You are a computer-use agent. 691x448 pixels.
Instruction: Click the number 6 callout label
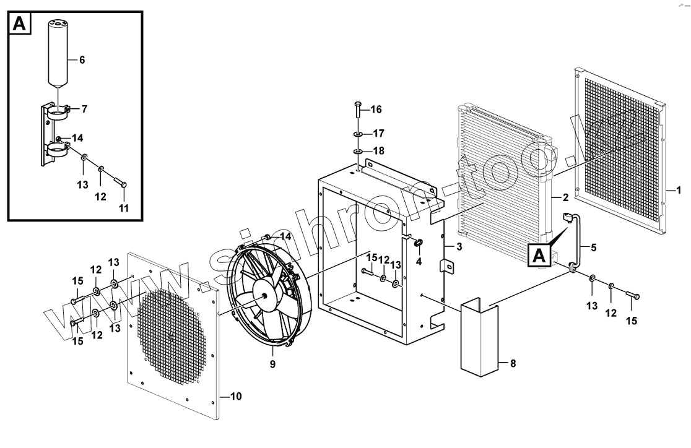coord(82,60)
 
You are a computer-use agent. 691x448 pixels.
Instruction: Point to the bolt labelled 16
coord(359,111)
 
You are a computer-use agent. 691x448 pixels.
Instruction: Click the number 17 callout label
coord(378,133)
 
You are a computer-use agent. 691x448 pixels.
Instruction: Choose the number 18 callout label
coord(378,150)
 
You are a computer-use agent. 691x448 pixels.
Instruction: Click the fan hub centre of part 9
coord(267,296)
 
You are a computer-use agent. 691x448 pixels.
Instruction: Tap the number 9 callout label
coord(272,364)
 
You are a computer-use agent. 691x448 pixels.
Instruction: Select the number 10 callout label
coord(236,395)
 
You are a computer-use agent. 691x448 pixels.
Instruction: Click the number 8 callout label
coord(512,363)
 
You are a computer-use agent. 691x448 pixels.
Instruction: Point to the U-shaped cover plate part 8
coord(477,337)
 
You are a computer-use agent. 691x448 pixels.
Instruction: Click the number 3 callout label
coord(459,247)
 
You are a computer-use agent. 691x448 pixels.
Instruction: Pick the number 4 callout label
coord(419,262)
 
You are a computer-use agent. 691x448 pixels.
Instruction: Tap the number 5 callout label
coord(593,248)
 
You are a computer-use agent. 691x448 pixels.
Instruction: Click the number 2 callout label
coord(565,198)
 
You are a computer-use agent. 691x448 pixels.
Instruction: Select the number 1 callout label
coord(678,191)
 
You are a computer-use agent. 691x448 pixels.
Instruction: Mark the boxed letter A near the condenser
coord(539,255)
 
